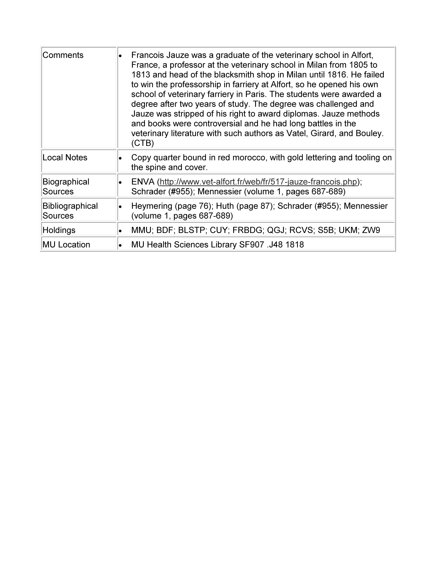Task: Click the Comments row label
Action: pyautogui.click(x=63, y=55)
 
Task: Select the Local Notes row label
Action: pyautogui.click(x=65, y=157)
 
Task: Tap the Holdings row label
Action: pyautogui.click(x=59, y=230)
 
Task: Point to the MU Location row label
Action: pyautogui.click(x=66, y=245)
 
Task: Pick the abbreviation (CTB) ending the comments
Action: pyautogui.click(x=142, y=143)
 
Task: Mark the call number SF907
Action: pyautogui.click(x=251, y=245)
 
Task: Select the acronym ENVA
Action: pyautogui.click(x=143, y=182)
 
